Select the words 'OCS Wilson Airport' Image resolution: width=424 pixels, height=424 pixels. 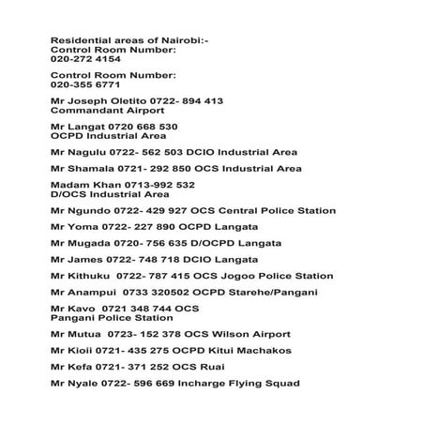[239, 334]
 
